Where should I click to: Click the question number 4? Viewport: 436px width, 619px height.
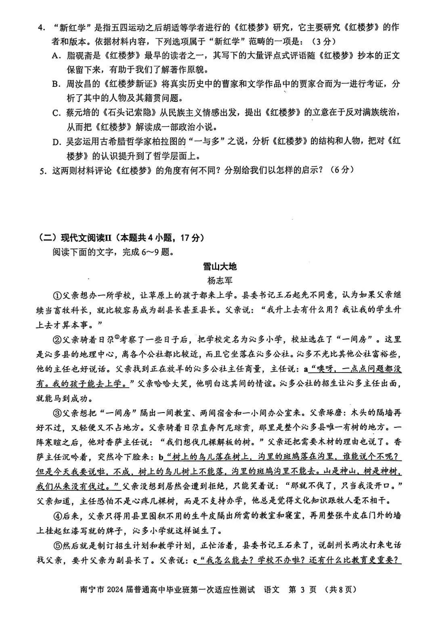pyautogui.click(x=40, y=27)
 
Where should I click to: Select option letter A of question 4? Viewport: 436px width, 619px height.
pyautogui.click(x=56, y=56)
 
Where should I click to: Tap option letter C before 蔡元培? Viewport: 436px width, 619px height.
pyautogui.click(x=56, y=113)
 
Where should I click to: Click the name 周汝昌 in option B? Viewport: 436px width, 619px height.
pyautogui.click(x=78, y=84)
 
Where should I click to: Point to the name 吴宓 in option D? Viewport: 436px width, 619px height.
pyautogui.click(x=73, y=141)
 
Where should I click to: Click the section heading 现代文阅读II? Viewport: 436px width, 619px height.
pyautogui.click(x=88, y=238)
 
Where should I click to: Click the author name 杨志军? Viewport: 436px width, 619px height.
pyautogui.click(x=220, y=281)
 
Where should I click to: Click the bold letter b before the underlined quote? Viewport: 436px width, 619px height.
pyautogui.click(x=161, y=457)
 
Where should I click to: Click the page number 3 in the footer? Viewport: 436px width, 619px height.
pyautogui.click(x=302, y=590)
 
